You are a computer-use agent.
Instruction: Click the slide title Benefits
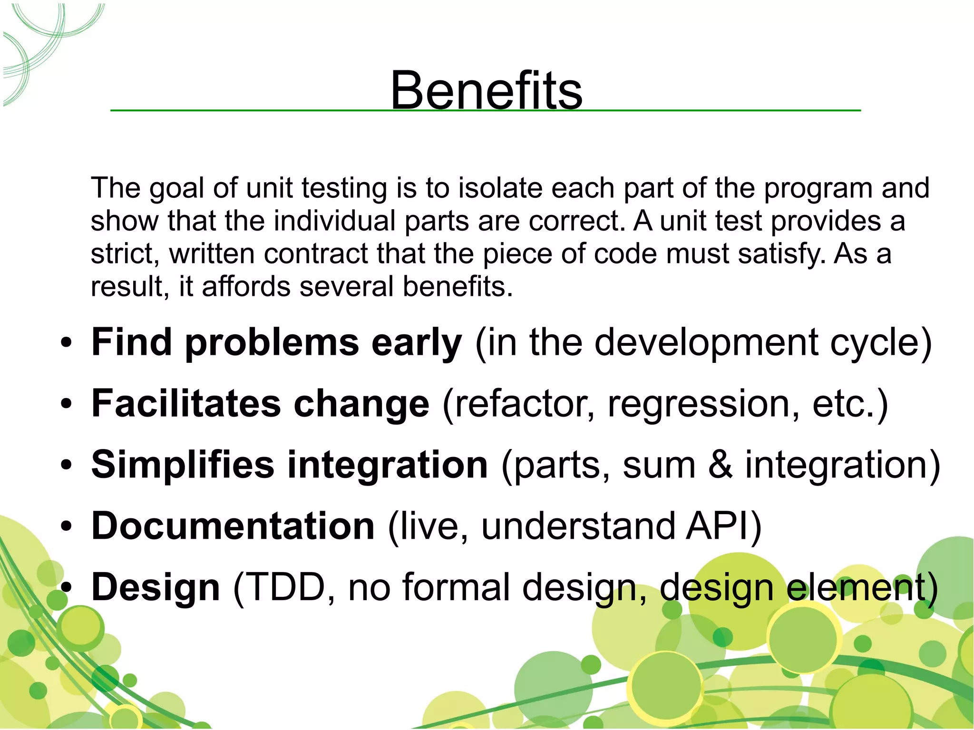(486, 90)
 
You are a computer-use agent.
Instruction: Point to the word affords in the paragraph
(246, 287)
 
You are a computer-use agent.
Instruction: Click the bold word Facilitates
(186, 403)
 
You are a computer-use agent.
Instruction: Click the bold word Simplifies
(183, 465)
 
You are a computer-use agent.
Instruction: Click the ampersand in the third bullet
(720, 465)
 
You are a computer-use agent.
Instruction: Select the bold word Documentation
(233, 526)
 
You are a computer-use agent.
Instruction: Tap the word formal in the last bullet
(456, 587)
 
